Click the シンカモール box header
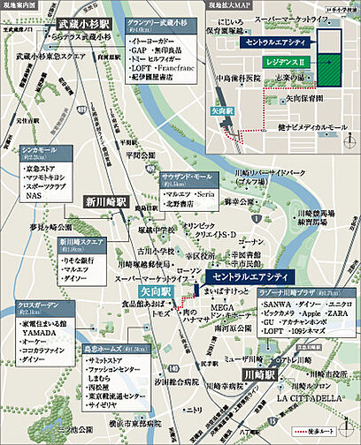(x=40, y=151)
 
